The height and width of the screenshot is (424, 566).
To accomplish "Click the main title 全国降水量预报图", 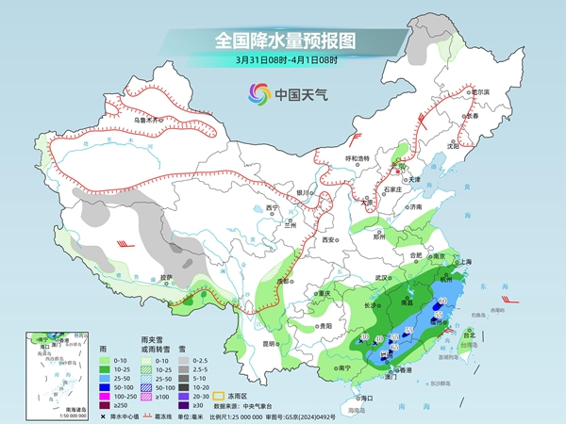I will [x=283, y=41].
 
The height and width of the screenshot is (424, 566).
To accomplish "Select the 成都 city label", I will [x=282, y=281].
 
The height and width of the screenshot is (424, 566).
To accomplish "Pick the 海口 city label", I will [x=358, y=399].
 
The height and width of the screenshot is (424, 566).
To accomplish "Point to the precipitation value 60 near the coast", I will [x=442, y=301].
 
